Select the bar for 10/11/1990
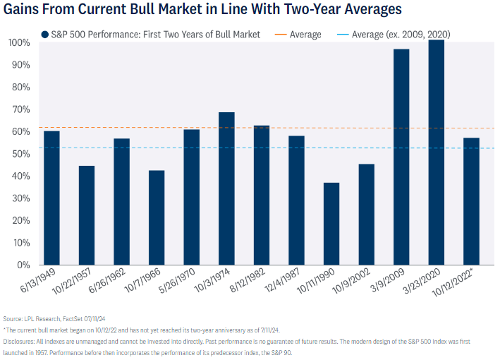click(x=331, y=224)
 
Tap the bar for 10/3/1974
click(x=226, y=188)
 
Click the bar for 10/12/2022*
click(x=471, y=201)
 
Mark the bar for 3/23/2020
click(x=437, y=152)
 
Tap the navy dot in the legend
click(x=45, y=34)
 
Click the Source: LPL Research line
click(x=53, y=318)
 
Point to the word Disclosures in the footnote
click(x=21, y=341)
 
